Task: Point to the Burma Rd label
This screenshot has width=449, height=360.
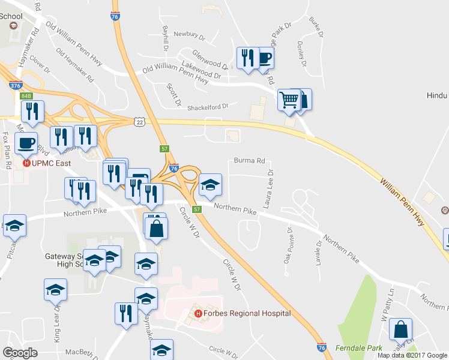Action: pos(250,161)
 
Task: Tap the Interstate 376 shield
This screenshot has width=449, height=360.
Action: pos(16,86)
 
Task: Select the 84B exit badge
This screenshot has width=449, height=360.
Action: pos(26,95)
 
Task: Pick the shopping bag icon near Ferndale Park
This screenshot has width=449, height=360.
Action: pos(400,329)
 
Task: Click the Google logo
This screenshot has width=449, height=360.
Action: pos(20,353)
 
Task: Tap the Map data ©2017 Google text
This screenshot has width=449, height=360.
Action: pos(412,355)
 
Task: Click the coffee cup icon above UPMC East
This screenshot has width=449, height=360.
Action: pos(25,143)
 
